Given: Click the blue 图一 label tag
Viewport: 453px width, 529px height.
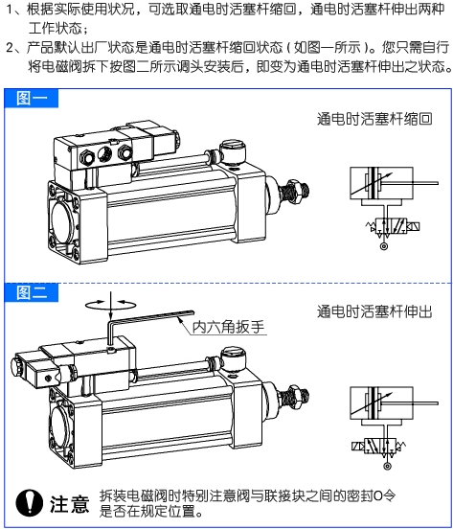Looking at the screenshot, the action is point(31,98).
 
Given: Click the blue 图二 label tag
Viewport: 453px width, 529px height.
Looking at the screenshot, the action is point(31,292).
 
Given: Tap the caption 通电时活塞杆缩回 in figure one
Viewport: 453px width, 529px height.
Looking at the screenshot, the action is point(374,119).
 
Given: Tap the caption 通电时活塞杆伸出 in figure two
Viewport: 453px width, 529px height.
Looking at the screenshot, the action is point(374,311).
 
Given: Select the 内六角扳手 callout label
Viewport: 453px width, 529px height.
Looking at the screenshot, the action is point(228,327).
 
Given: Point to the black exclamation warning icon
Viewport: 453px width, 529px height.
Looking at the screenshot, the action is point(30,503).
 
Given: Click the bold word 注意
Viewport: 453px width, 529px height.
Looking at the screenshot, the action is point(70,504).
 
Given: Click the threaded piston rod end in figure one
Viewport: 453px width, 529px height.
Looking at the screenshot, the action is point(297,193).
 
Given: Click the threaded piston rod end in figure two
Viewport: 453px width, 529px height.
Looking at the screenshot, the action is point(297,397).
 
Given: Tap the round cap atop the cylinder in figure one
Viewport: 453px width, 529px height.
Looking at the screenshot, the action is point(233,150).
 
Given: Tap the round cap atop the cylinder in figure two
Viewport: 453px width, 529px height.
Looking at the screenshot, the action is point(233,356).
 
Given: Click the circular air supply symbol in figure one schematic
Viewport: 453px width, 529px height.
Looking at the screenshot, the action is point(384,246).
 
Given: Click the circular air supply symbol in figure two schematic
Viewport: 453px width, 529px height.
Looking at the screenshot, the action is point(388,467).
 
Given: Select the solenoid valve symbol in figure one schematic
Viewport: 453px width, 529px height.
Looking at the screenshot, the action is point(393,226).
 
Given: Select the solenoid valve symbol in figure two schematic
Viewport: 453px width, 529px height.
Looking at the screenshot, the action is point(378,446).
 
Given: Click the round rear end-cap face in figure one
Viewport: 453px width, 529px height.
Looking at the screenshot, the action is point(61,219).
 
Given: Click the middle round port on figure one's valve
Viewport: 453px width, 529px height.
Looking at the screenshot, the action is point(104,153).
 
